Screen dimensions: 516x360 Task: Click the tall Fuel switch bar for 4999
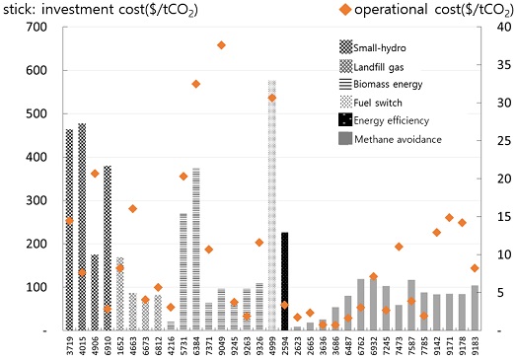(x=272, y=205)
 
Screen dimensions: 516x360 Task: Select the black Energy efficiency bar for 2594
(x=285, y=281)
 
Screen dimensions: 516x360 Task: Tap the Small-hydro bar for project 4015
(x=82, y=227)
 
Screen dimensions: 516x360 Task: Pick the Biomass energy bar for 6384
(x=196, y=250)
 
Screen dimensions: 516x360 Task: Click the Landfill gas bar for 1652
(x=120, y=294)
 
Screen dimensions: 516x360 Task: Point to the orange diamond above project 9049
(x=221, y=45)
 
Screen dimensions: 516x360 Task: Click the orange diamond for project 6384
(x=196, y=84)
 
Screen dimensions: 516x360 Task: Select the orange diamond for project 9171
(x=450, y=218)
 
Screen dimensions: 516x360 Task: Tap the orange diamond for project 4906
(x=95, y=174)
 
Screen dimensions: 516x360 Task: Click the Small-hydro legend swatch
(x=345, y=47)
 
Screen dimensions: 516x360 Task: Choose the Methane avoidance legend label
(x=398, y=139)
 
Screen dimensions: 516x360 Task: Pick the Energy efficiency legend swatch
(x=345, y=119)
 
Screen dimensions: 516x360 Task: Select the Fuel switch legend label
(x=378, y=103)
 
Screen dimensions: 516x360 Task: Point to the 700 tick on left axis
(x=37, y=27)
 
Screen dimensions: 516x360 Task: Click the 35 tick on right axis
(x=504, y=65)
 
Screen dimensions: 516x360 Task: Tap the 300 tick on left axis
(x=37, y=200)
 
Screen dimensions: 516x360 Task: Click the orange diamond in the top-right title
(x=345, y=10)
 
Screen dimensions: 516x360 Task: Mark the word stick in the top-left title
(x=19, y=9)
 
